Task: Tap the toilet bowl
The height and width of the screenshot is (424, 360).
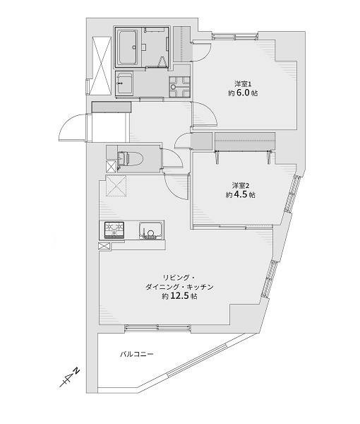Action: click(x=130, y=158)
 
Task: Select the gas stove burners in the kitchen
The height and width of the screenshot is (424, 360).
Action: click(x=114, y=230)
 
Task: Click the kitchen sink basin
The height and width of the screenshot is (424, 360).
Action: click(x=151, y=230)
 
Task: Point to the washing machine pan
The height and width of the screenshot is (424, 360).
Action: click(x=179, y=87)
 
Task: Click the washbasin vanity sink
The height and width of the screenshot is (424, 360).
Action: click(x=124, y=83)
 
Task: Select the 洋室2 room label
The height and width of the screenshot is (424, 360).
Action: click(x=241, y=185)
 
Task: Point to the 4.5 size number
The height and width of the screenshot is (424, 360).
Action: click(x=241, y=195)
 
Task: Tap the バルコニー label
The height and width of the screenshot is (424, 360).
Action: click(x=137, y=354)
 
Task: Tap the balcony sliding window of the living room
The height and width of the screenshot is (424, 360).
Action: click(x=158, y=329)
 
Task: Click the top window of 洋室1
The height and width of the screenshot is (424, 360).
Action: click(x=234, y=36)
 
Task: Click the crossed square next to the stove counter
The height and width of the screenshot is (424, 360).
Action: click(x=104, y=246)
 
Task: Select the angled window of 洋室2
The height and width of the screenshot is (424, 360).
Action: click(x=291, y=194)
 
